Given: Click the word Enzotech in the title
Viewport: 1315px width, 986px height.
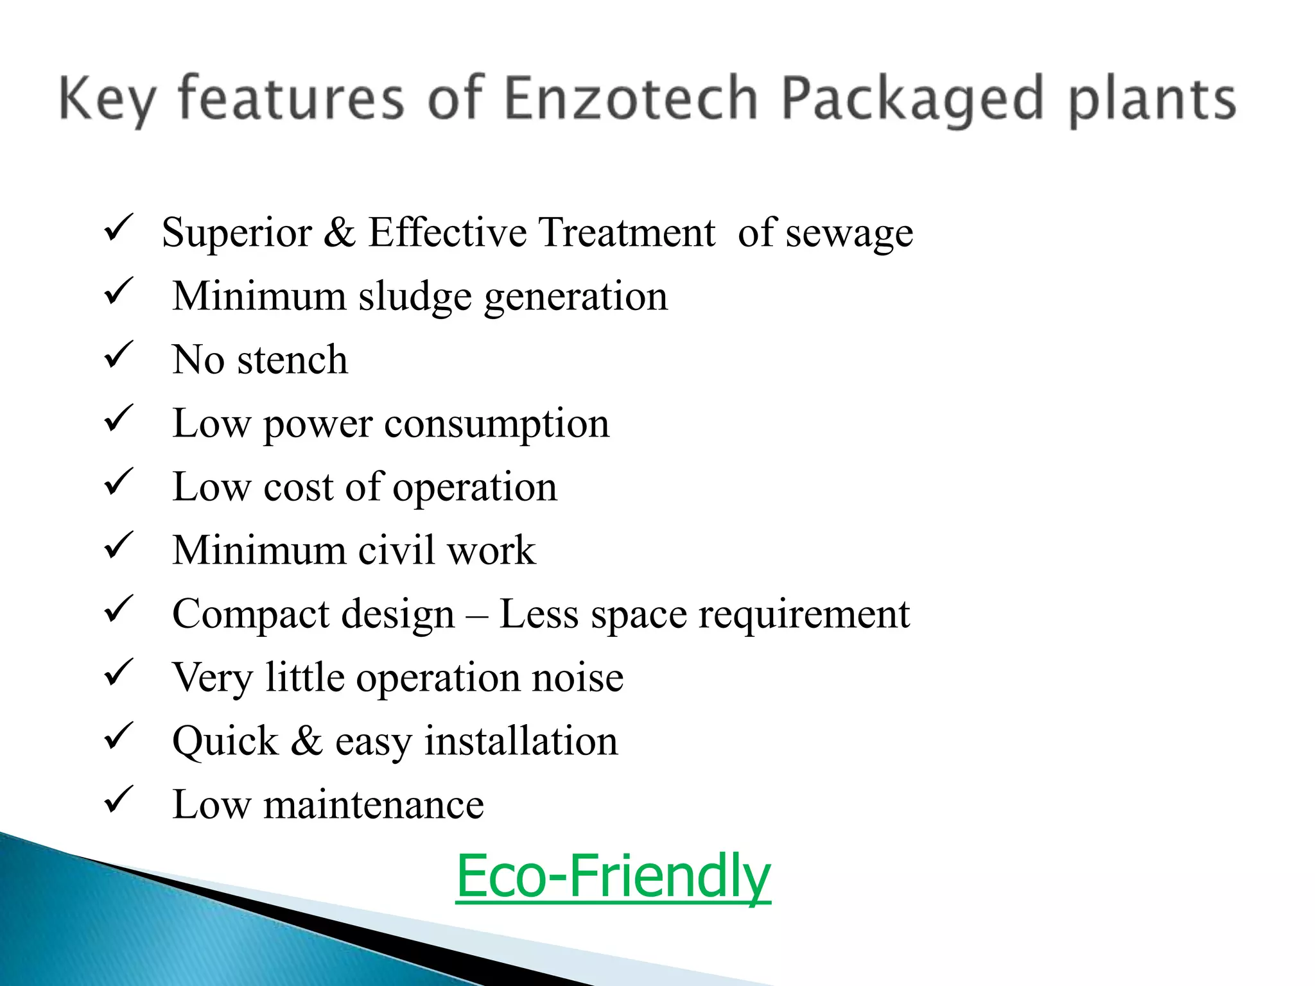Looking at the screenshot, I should (x=631, y=99).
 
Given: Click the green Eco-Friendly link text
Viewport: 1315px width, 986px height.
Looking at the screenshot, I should (x=613, y=876).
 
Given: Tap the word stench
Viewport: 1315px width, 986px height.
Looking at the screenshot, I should (x=292, y=359).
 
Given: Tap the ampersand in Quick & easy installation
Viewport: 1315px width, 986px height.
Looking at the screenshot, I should (x=306, y=741).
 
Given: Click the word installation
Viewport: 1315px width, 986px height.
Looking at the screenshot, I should (x=521, y=741).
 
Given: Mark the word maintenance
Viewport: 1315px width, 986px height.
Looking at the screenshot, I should (x=373, y=805).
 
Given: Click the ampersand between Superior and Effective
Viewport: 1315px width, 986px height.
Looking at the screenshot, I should (x=339, y=232).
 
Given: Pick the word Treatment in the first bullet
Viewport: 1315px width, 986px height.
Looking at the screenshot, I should (x=626, y=232).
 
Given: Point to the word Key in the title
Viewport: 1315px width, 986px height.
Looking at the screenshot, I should (x=108, y=99).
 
